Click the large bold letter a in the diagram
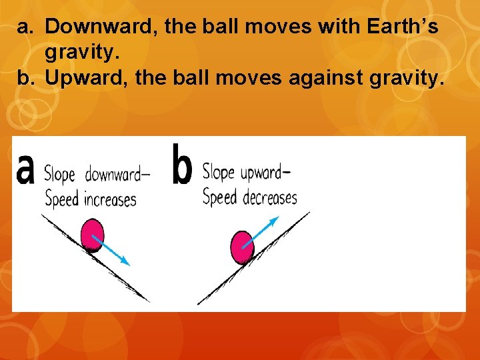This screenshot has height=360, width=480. point(25,168)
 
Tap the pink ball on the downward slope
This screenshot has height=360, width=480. point(93,236)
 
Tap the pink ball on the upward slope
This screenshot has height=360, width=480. point(241,247)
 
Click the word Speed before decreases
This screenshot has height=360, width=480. point(220,197)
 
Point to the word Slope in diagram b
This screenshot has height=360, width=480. point(219,173)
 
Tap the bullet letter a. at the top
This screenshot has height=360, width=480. point(25,27)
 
